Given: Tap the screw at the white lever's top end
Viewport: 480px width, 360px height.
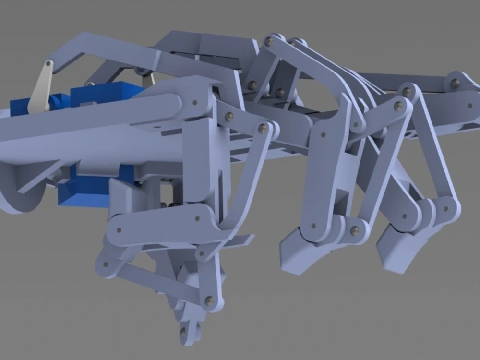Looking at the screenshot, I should click(x=48, y=64).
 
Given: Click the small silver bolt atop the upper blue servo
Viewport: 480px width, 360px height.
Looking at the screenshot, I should click(x=88, y=84).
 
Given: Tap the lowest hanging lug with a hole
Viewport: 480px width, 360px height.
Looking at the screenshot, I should click(x=184, y=333).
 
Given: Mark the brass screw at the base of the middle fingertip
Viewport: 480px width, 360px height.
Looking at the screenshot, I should click(x=355, y=231).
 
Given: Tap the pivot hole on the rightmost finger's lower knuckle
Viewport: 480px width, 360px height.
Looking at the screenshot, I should click(x=447, y=209).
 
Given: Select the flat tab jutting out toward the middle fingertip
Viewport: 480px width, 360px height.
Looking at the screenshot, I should click(x=242, y=240).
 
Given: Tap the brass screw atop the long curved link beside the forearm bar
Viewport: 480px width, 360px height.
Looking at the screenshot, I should click(x=263, y=128).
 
